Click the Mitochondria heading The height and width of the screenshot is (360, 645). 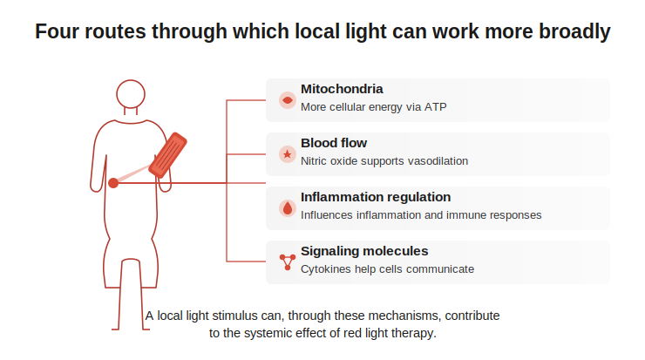coord(342,89)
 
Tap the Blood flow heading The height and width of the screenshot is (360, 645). coord(334,143)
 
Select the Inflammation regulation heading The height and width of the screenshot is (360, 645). coord(376,197)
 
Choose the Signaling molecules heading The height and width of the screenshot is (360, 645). coord(364,251)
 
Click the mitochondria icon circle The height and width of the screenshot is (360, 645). coord(288,100)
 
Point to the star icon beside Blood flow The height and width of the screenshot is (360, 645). coord(288,154)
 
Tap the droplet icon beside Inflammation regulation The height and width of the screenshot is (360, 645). coord(288,208)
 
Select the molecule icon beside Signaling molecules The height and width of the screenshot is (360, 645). coord(288,262)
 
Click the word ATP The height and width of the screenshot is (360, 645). coord(436,107)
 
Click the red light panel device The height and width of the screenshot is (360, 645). coord(168,155)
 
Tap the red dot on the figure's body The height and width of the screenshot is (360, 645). coord(113,183)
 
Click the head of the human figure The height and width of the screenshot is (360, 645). coord(131,94)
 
